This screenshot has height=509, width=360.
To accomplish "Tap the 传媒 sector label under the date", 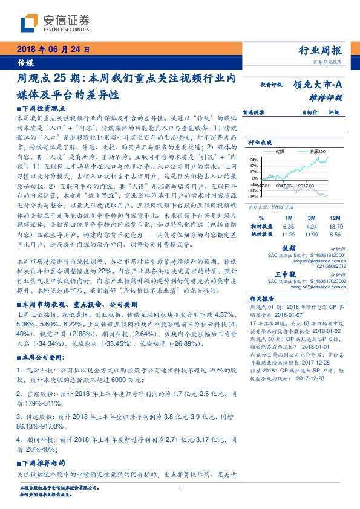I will tap(25, 62).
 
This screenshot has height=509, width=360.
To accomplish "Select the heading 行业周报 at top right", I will tap(321, 50).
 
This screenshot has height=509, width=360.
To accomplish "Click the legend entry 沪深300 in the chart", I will tap(317, 151).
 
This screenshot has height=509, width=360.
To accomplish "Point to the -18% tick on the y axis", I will tap(253, 196).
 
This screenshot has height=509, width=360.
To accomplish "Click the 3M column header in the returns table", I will tap(312, 217).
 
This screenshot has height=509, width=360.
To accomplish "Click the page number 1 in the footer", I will tap(180, 490).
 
